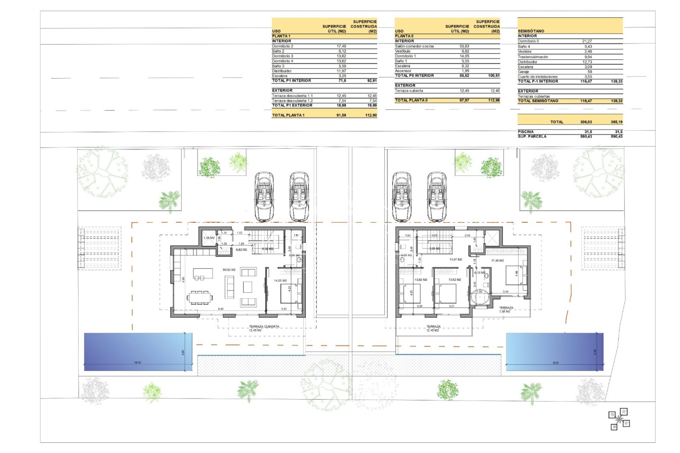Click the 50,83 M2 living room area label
point(229,270)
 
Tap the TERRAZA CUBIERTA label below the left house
point(264,327)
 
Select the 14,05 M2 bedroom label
point(280,281)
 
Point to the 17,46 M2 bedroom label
point(497,261)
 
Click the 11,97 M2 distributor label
point(455,260)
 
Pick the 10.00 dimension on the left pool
point(137,363)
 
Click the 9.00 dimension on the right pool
point(555,363)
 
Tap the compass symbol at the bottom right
point(619,420)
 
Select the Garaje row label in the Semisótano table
point(523,72)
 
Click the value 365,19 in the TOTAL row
point(616,122)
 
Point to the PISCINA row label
point(526,132)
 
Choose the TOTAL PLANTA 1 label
point(288,115)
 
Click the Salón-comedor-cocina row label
point(414,46)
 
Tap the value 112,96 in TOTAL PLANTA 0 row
point(494,101)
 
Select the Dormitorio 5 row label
point(528,41)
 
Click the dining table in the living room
point(200,297)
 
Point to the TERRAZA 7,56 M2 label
point(506,310)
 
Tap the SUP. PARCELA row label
point(532,137)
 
